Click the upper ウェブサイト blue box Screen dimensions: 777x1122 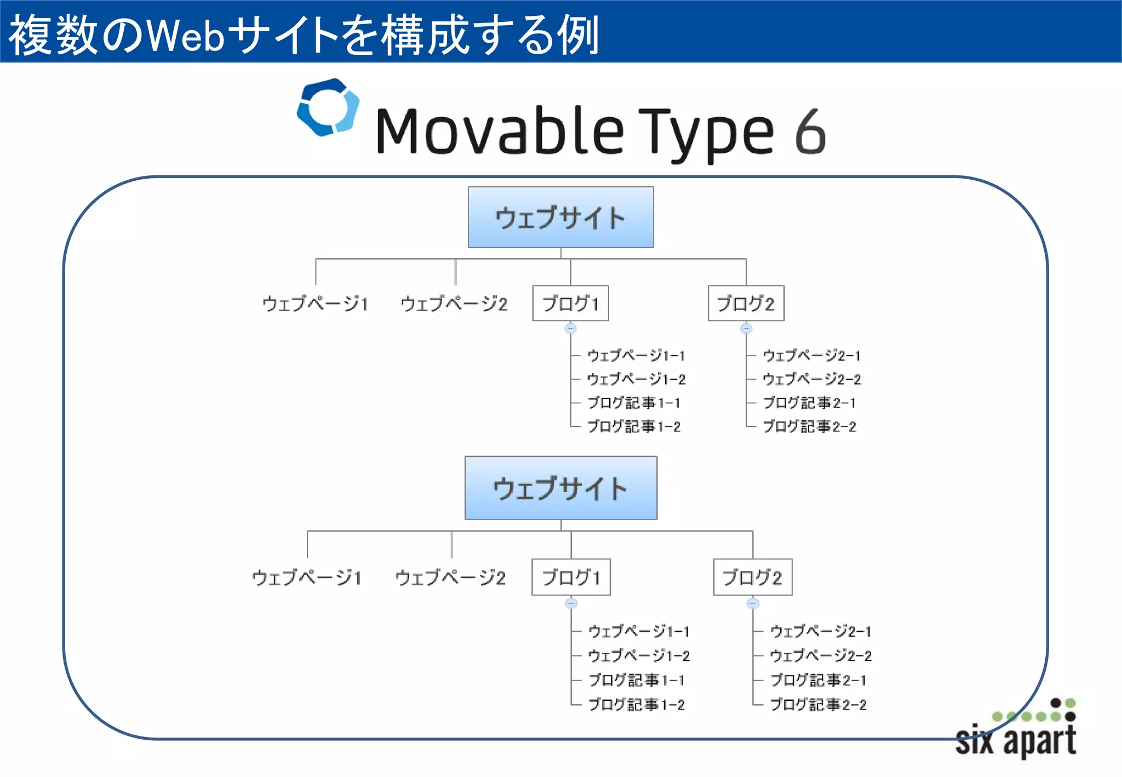560,218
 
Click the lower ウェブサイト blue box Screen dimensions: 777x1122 560,488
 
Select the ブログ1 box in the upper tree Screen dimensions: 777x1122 570,303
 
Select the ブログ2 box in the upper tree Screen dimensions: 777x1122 746,303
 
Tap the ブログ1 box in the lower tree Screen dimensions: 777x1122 571,577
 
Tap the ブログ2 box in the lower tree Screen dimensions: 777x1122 752,577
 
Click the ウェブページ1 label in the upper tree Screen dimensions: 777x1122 315,303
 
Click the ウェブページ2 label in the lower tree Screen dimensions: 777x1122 450,577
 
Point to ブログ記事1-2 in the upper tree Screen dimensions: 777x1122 634,426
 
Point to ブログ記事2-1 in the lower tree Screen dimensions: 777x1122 818,680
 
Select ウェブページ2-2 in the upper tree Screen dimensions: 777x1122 811,379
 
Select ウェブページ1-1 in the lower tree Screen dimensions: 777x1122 639,631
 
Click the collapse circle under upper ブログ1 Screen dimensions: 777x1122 571,329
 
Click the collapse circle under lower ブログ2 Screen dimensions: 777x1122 753,603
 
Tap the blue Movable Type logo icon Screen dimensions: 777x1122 328,107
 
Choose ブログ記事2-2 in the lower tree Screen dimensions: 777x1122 818,705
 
